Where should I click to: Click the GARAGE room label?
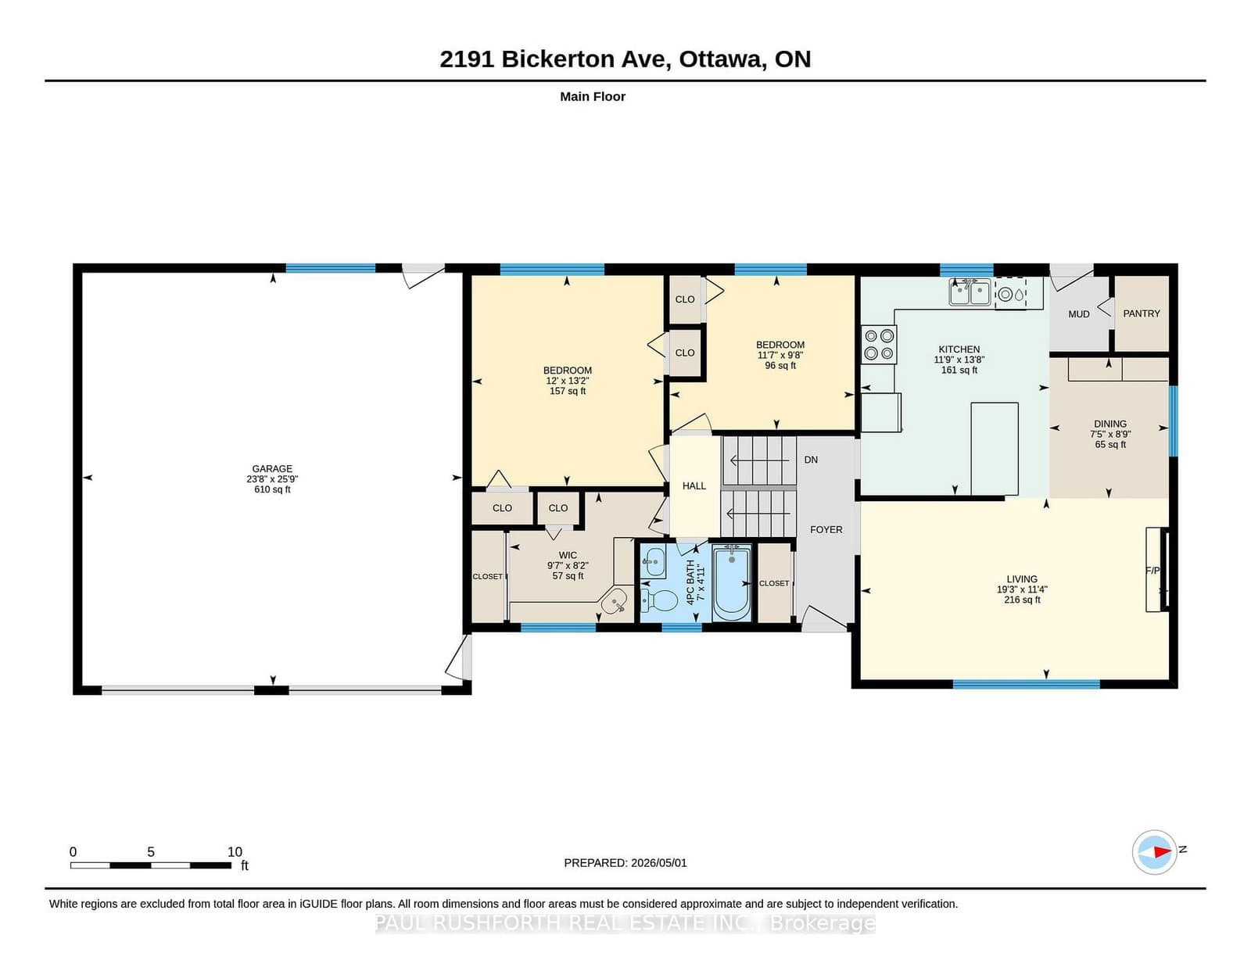272,468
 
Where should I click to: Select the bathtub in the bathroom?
732,582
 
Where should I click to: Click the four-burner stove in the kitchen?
879,345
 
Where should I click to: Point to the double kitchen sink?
970,292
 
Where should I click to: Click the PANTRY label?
1142,313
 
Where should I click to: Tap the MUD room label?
1079,314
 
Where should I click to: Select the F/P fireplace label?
1152,571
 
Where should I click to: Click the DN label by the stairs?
811,460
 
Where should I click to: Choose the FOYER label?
826,529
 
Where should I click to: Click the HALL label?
694,485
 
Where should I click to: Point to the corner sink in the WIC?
615,601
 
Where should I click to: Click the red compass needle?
1162,852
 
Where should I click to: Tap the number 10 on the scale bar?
235,852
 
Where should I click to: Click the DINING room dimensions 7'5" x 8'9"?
1110,435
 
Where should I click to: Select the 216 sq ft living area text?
1023,600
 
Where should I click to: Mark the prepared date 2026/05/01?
659,863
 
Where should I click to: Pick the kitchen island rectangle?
995,449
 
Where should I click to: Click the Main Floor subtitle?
593,97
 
